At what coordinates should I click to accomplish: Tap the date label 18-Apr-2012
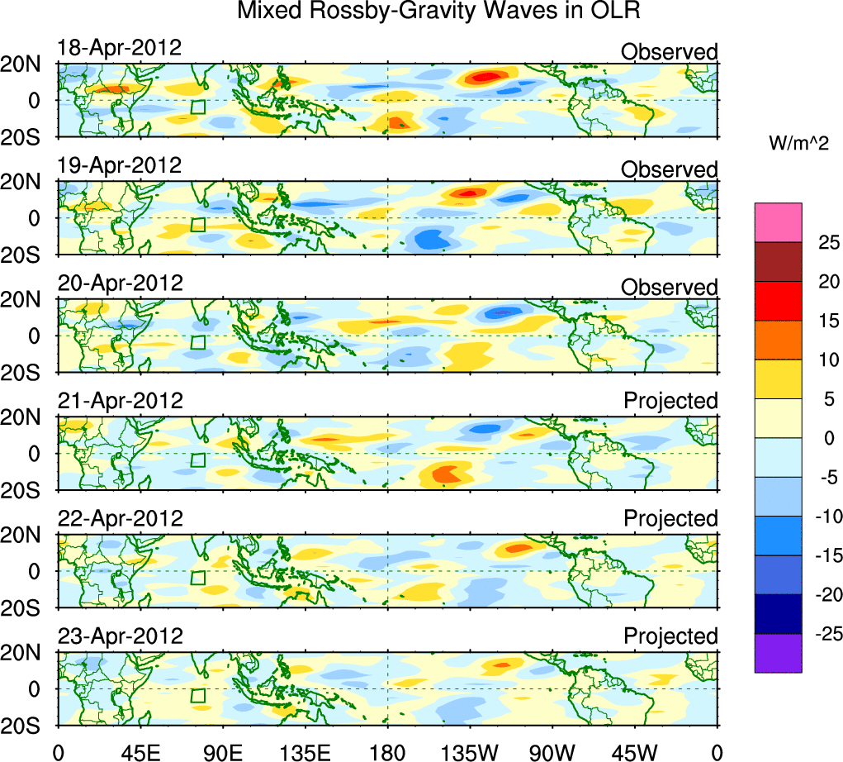click(120, 47)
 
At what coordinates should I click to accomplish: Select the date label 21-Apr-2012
click(120, 401)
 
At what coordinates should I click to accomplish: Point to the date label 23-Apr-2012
click(120, 636)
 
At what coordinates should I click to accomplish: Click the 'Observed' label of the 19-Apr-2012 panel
click(670, 169)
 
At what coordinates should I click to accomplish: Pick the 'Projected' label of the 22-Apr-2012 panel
click(670, 519)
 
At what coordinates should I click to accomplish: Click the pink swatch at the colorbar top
click(778, 222)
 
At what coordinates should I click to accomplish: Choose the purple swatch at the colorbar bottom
click(778, 653)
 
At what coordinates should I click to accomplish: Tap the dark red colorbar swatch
click(778, 262)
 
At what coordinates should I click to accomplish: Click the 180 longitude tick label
click(387, 752)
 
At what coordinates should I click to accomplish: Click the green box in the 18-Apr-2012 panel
click(197, 107)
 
